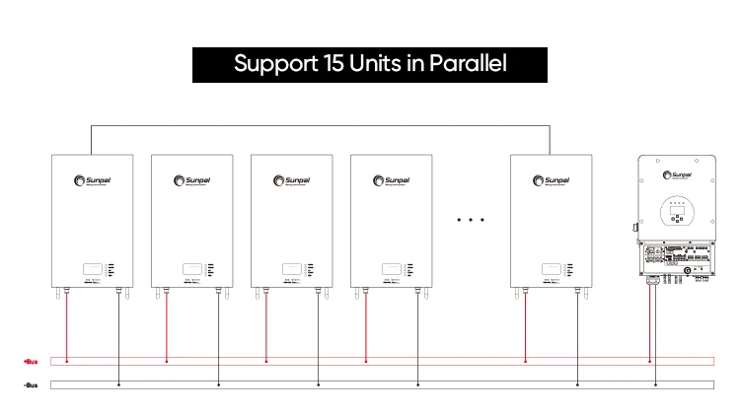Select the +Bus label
click(x=30, y=362)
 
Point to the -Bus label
click(x=30, y=383)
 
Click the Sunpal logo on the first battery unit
click(x=91, y=179)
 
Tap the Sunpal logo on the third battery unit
click(x=292, y=179)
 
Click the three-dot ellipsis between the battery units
click(x=472, y=220)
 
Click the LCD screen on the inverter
click(x=675, y=210)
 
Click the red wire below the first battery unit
click(x=66, y=325)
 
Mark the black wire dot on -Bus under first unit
click(x=118, y=383)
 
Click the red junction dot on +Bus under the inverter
click(x=649, y=362)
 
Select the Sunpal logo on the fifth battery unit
click(x=550, y=179)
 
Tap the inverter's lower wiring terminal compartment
click(x=675, y=259)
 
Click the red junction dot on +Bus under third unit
click(x=266, y=362)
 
